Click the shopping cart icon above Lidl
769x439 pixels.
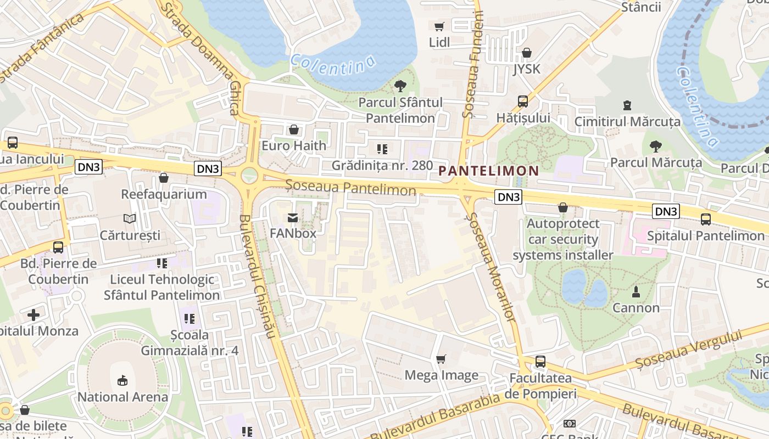pyautogui.click(x=439, y=26)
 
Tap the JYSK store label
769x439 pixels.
pyautogui.click(x=527, y=69)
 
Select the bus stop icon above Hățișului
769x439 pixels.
pyautogui.click(x=523, y=102)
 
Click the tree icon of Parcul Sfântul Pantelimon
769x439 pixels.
pyautogui.click(x=400, y=86)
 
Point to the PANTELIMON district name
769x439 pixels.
pyautogui.click(x=489, y=171)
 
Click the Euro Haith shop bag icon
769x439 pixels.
pyautogui.click(x=294, y=130)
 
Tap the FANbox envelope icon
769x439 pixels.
pyautogui.click(x=293, y=218)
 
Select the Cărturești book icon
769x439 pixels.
pyautogui.click(x=130, y=219)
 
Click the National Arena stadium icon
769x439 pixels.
pyautogui.click(x=122, y=380)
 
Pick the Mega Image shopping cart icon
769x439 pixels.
pyautogui.click(x=441, y=359)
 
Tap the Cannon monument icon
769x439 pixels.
pyautogui.click(x=636, y=291)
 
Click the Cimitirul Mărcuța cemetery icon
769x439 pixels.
pyautogui.click(x=627, y=105)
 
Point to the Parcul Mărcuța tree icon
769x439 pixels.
pyautogui.click(x=655, y=146)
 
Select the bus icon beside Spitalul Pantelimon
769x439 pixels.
pyautogui.click(x=706, y=219)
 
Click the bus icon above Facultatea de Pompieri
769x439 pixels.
pyautogui.click(x=540, y=362)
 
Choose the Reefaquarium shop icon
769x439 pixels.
pyautogui.click(x=163, y=178)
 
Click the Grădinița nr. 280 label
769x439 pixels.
pyautogui.click(x=382, y=165)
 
